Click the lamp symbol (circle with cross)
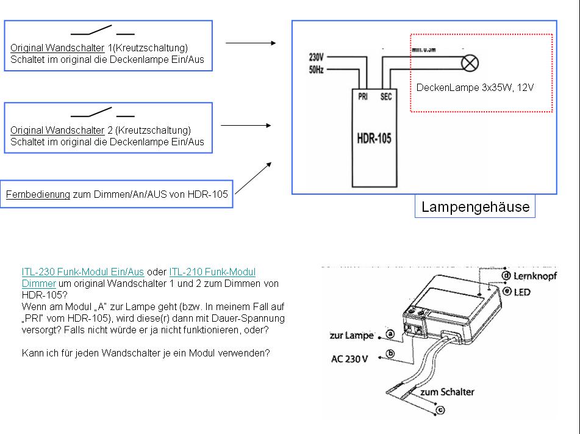click(x=470, y=63)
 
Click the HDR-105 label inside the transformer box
click(x=374, y=137)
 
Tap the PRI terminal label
click(x=362, y=98)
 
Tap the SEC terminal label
click(x=386, y=98)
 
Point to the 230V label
click(x=316, y=57)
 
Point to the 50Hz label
click(x=316, y=69)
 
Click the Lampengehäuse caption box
click(x=475, y=207)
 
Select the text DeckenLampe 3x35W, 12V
click(x=474, y=87)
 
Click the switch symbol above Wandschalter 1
click(x=102, y=31)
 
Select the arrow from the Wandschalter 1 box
click(x=251, y=43)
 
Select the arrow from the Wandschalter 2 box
click(x=246, y=126)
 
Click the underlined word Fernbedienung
click(x=38, y=195)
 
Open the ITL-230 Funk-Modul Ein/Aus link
click(x=83, y=272)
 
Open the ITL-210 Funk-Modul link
click(x=212, y=272)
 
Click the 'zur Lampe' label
click(x=351, y=336)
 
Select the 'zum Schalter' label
click(x=447, y=392)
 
